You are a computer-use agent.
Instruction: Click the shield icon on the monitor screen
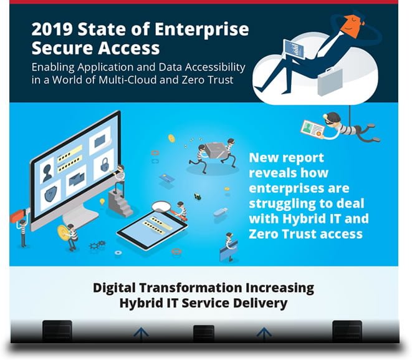pyautogui.click(x=53, y=194)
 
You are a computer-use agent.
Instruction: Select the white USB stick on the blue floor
pyautogui.click(x=221, y=212)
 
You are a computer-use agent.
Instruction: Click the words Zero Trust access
pyautogui.click(x=305, y=234)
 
